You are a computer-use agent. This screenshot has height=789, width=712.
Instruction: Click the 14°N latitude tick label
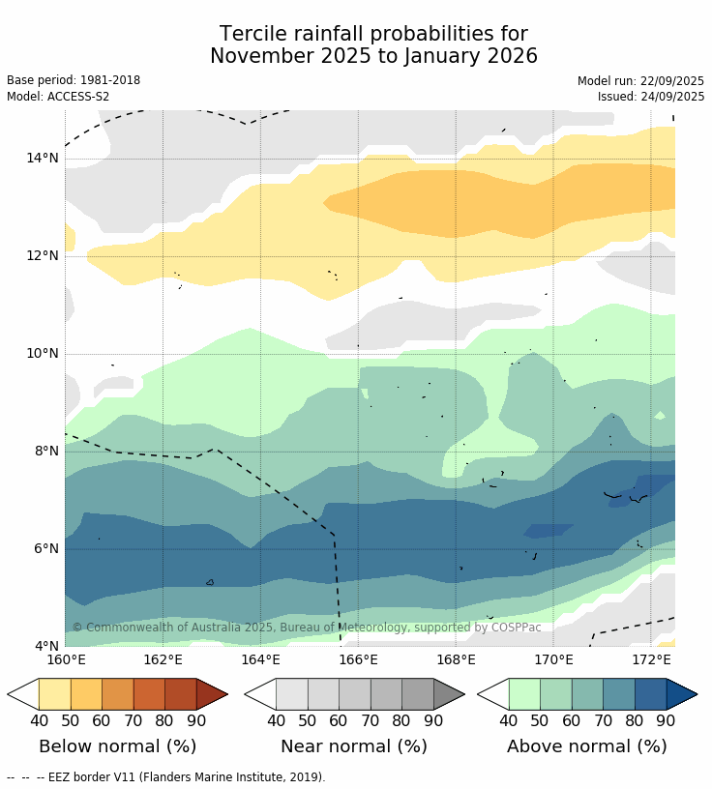coord(42,158)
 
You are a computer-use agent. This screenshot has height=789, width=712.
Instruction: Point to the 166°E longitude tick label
coord(358,659)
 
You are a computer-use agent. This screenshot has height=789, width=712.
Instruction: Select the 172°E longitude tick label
coord(651,659)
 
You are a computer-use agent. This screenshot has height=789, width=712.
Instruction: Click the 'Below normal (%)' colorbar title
coord(117,746)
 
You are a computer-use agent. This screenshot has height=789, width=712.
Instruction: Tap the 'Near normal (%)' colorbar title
coord(354,746)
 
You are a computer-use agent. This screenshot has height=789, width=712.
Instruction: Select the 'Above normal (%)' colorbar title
coord(587,746)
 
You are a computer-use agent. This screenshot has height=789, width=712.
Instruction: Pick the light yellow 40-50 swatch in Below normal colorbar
coord(55,694)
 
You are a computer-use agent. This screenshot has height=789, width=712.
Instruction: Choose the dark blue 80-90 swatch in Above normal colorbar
coord(650,694)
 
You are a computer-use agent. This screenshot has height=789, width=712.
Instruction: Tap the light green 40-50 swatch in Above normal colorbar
coord(524,694)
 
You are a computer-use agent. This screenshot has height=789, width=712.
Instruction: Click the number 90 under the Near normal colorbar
coord(433,720)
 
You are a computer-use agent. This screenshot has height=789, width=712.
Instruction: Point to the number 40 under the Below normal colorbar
coord(40,720)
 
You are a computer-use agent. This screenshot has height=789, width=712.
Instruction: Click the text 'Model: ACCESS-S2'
coord(58,97)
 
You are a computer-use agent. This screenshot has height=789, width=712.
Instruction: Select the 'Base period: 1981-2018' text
coord(74,80)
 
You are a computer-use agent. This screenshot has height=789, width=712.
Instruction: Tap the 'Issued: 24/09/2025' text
coord(651,97)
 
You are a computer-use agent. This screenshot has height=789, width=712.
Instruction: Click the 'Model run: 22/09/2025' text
coord(640,81)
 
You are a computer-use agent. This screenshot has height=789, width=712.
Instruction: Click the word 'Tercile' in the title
coord(253,35)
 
